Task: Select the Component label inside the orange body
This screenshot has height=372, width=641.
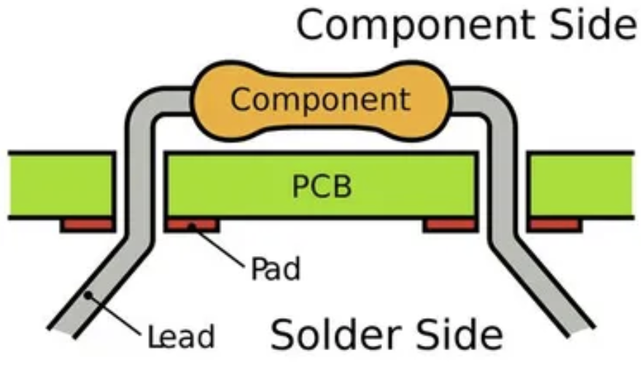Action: click(320, 99)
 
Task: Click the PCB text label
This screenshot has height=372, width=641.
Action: click(322, 186)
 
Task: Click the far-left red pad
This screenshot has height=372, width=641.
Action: click(87, 225)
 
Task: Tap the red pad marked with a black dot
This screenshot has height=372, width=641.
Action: click(191, 225)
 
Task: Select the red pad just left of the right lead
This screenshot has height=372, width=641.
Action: click(449, 225)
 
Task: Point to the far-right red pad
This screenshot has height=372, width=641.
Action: click(554, 225)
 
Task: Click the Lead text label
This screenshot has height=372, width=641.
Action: click(181, 337)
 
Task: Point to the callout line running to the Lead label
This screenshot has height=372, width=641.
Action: click(117, 317)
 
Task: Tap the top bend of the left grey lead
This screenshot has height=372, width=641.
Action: click(146, 102)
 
